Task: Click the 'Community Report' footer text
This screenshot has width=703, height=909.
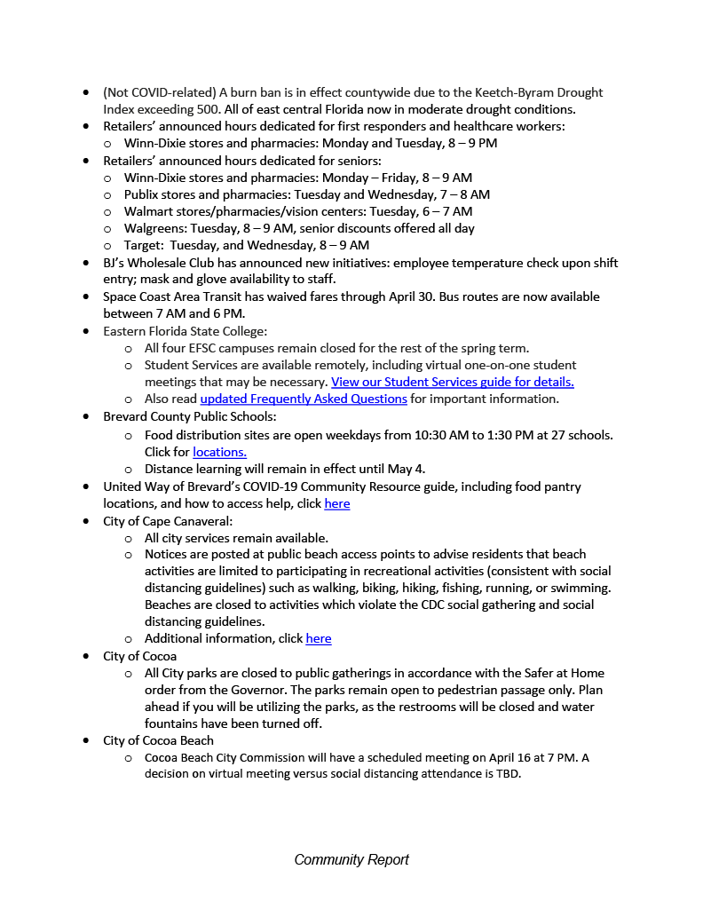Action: [x=351, y=859]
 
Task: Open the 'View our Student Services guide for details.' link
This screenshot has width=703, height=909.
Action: [x=453, y=382]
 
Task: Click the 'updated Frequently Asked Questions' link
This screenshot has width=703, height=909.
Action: [x=304, y=399]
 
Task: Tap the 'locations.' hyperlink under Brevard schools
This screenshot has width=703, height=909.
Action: [x=219, y=452]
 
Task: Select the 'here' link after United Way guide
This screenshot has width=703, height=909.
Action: [x=336, y=503]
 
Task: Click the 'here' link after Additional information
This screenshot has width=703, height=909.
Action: [x=318, y=638]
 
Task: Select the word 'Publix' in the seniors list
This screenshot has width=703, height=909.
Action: [x=142, y=194]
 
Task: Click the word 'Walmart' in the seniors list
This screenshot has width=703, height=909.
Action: [x=148, y=211]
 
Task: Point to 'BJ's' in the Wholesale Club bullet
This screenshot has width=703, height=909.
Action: [x=115, y=263]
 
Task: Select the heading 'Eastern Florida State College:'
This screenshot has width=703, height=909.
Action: [x=185, y=331]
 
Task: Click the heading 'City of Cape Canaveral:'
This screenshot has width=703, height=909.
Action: [x=168, y=521]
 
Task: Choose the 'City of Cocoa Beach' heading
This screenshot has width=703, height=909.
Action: [x=158, y=740]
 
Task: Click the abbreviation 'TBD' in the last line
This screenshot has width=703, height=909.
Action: [x=508, y=773]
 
